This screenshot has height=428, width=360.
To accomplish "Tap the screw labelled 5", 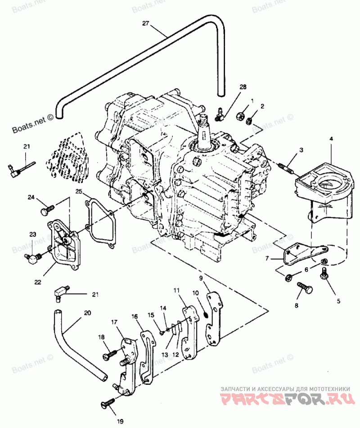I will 324,274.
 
